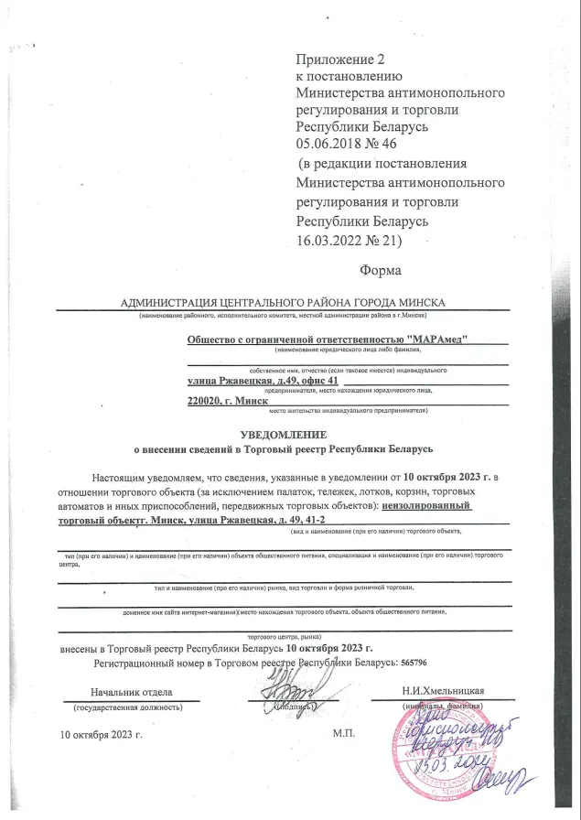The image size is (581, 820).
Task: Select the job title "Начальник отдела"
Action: click(x=131, y=692)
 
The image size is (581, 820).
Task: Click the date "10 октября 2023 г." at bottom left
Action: click(x=102, y=734)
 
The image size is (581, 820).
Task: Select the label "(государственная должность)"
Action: click(x=129, y=707)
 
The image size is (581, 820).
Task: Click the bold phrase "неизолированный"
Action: click(x=429, y=505)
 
